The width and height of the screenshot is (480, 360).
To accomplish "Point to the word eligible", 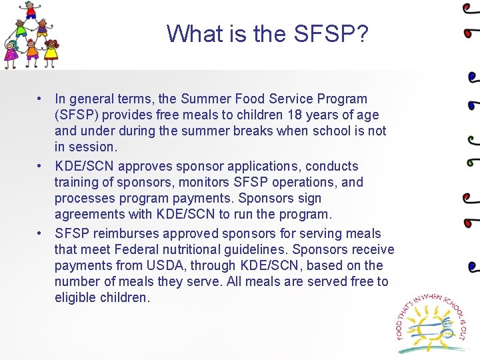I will coord(75,297).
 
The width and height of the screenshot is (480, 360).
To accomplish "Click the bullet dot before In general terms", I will coord(41,99).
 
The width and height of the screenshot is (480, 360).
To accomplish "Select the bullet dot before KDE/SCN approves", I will coord(41,166).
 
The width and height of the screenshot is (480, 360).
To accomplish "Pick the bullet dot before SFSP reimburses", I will coord(41,233).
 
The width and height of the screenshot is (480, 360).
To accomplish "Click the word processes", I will coord(84,198).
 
